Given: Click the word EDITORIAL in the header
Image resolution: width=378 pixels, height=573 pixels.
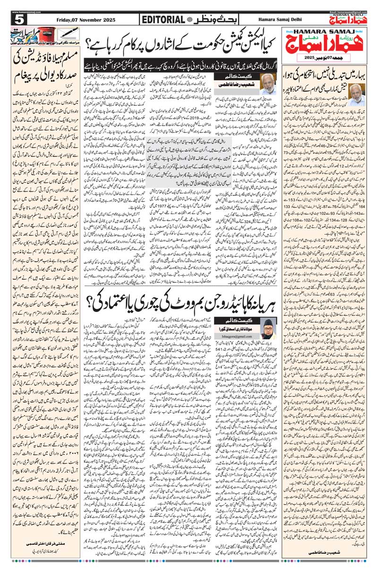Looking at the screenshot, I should coord(163,19).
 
